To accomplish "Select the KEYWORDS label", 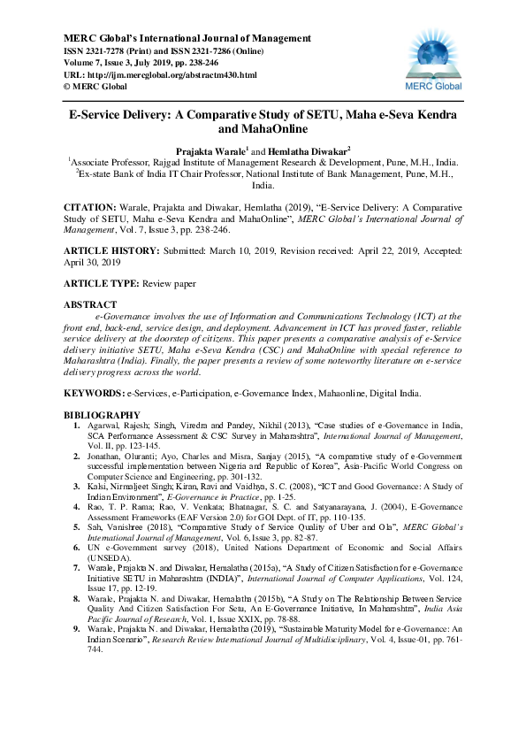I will point(93,391).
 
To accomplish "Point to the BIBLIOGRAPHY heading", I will point(102,415).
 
